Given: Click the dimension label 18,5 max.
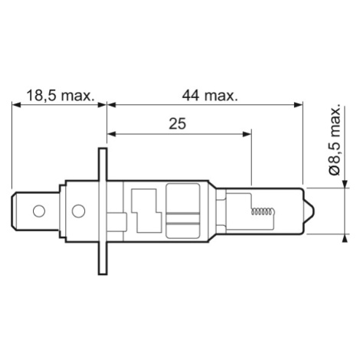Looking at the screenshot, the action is coord(61,96).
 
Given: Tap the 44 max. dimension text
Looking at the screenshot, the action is coord(210,96).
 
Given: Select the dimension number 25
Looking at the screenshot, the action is coord(178,124).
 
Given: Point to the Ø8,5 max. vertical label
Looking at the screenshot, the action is coord(335,139).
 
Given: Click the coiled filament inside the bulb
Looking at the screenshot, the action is coord(263,211).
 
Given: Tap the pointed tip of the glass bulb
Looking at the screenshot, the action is coord(313,211).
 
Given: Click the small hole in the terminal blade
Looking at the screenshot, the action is coord(39,211).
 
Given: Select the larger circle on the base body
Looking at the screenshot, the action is coord(78,211).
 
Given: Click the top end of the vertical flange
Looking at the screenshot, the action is coord(103,149).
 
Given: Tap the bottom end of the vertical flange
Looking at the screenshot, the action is coord(103,274).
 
